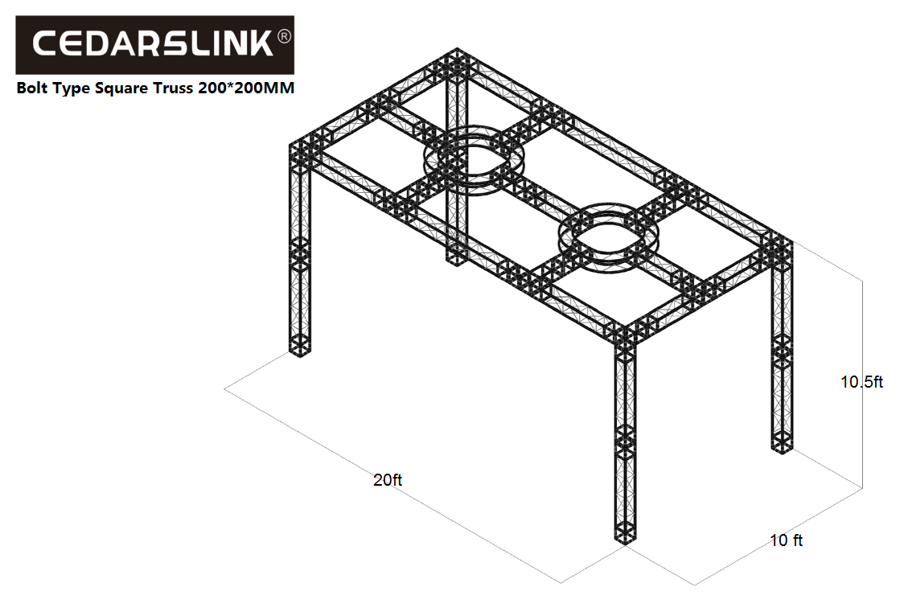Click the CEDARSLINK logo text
(153, 43)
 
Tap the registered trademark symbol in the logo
(284, 36)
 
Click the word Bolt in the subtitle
(32, 88)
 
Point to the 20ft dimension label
(388, 480)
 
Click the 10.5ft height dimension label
(861, 382)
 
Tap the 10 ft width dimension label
(786, 540)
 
